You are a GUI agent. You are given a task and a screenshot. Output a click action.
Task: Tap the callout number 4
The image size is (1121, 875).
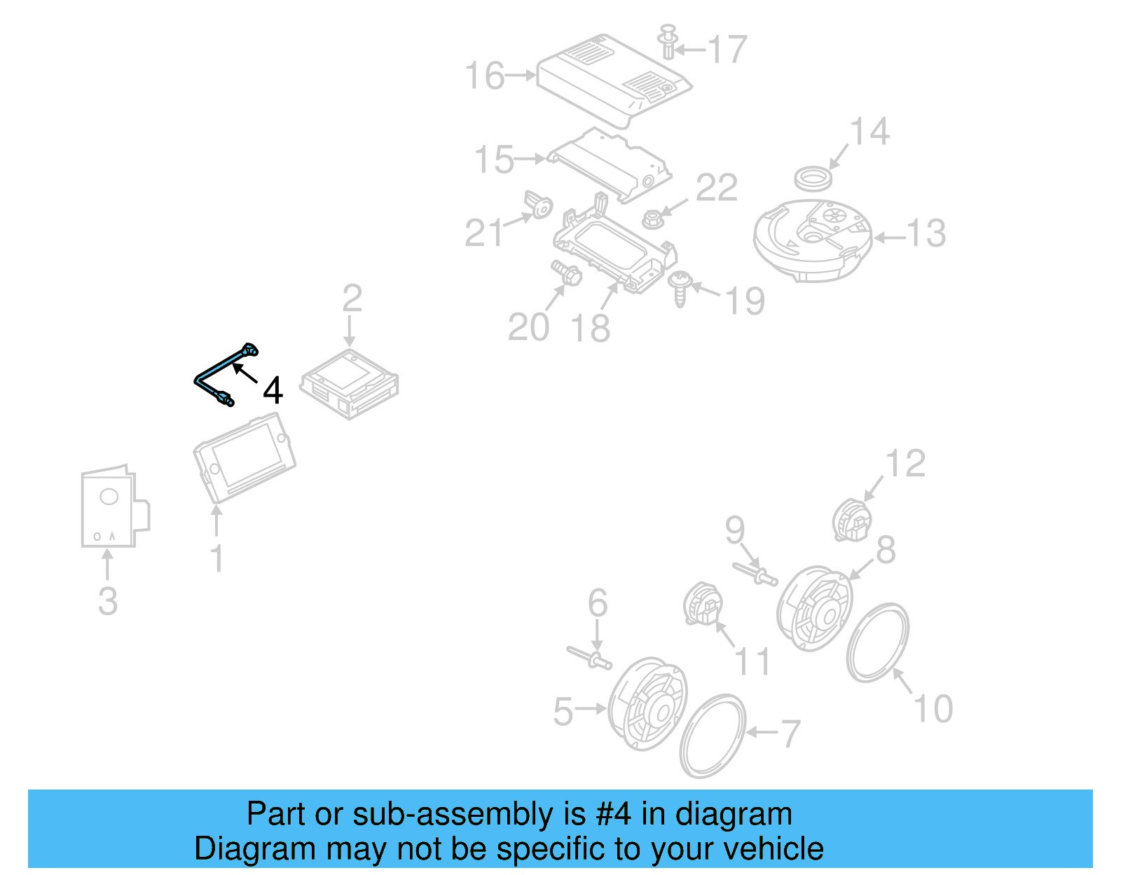point(273,390)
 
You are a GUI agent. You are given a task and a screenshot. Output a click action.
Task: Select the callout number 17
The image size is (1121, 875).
point(727,50)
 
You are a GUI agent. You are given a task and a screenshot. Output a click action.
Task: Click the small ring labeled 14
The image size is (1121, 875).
point(813,179)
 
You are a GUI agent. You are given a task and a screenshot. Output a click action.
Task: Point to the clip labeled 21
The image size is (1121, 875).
point(539,205)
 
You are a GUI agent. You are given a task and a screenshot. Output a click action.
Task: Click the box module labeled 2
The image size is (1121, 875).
point(350,384)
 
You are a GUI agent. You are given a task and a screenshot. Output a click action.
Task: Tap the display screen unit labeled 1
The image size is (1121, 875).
point(245,458)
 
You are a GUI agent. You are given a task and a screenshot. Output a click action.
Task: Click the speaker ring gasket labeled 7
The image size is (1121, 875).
point(713,736)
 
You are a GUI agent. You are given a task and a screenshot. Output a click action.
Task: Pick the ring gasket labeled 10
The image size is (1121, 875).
point(878,642)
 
